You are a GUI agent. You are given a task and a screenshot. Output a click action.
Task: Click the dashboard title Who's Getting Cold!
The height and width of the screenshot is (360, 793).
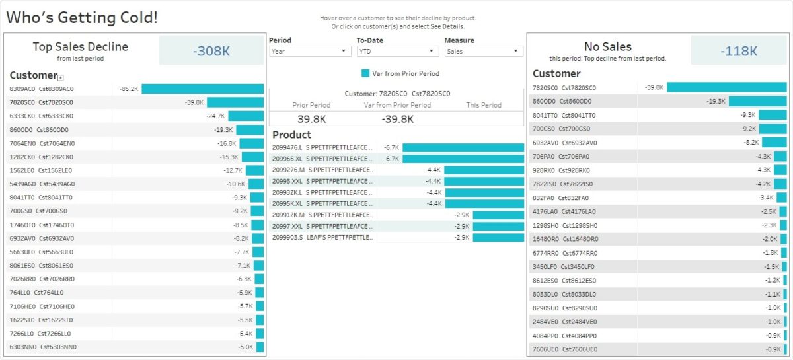coord(82,18)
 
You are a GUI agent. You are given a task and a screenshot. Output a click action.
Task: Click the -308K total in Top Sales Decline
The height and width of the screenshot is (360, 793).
coord(211,51)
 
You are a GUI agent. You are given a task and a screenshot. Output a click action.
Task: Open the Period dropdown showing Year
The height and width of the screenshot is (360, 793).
coord(310,51)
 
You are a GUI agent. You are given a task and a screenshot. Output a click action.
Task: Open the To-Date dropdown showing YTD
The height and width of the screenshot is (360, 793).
coord(397,51)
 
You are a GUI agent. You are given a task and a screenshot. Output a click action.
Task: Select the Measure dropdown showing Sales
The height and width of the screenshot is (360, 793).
coord(483,51)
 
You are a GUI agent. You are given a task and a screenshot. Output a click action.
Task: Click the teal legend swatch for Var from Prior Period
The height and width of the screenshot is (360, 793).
coord(365,73)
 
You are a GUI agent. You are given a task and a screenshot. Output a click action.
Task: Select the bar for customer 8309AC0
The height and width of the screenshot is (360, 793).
coord(202,89)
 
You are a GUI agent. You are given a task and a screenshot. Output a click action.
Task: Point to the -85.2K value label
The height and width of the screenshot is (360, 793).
coord(128,89)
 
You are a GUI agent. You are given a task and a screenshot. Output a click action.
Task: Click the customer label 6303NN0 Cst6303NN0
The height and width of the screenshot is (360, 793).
coord(43,347)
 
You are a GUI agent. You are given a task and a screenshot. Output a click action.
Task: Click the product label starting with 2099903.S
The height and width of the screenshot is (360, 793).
coord(322,237)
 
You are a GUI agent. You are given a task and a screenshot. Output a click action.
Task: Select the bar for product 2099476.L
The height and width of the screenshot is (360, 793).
coord(463,147)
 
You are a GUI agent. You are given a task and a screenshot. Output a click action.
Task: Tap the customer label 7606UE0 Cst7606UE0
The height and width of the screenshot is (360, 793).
coord(565,349)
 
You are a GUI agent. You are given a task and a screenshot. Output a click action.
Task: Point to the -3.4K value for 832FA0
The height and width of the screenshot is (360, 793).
coord(765,198)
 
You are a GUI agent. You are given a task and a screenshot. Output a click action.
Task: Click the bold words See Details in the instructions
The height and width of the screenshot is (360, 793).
coord(447,27)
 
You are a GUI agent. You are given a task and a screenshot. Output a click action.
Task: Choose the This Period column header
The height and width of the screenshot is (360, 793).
coord(484,105)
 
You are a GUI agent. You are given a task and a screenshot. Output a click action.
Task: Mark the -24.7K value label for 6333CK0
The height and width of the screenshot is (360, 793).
coord(215,116)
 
